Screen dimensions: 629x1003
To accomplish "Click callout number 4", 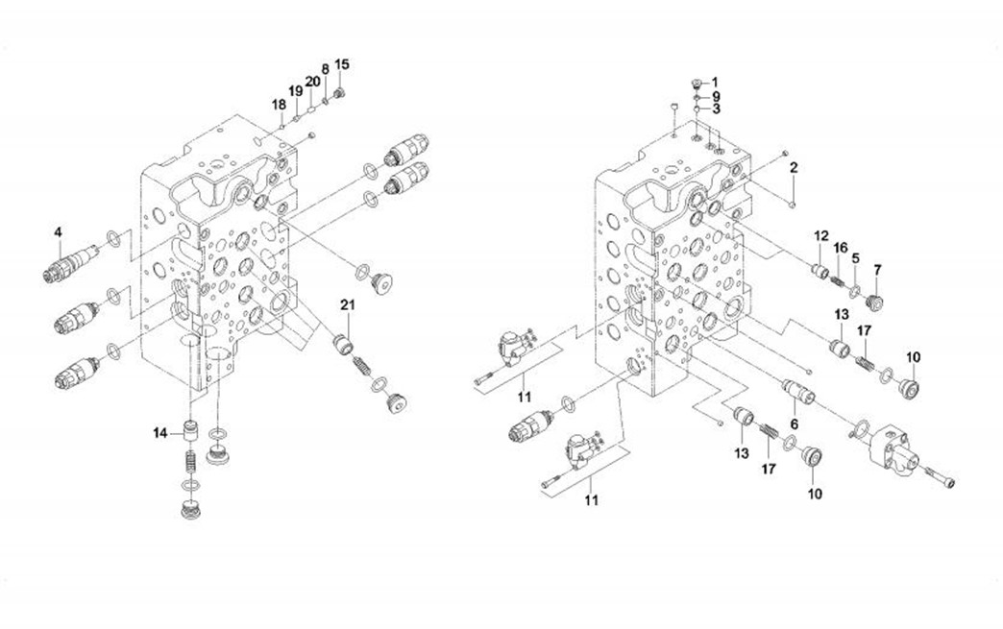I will click(x=58, y=231).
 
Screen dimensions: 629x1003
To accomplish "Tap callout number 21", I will click(x=347, y=304).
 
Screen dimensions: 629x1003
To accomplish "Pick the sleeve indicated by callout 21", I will click(x=344, y=342).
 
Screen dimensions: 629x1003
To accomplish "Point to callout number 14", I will click(x=159, y=433).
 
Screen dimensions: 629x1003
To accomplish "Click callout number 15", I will click(x=342, y=64).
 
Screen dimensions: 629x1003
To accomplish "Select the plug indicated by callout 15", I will click(x=339, y=93).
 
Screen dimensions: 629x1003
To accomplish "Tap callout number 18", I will click(x=278, y=103).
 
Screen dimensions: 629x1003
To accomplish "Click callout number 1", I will click(x=714, y=82).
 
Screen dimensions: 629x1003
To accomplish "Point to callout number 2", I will click(x=794, y=168).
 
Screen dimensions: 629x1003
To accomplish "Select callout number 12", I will click(x=821, y=235).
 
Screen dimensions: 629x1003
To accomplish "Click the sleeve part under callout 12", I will click(x=820, y=274).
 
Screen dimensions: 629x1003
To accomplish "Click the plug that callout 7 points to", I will click(x=875, y=302).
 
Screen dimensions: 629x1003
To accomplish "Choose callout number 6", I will click(x=795, y=423).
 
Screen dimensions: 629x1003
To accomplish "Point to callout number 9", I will click(x=715, y=97).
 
